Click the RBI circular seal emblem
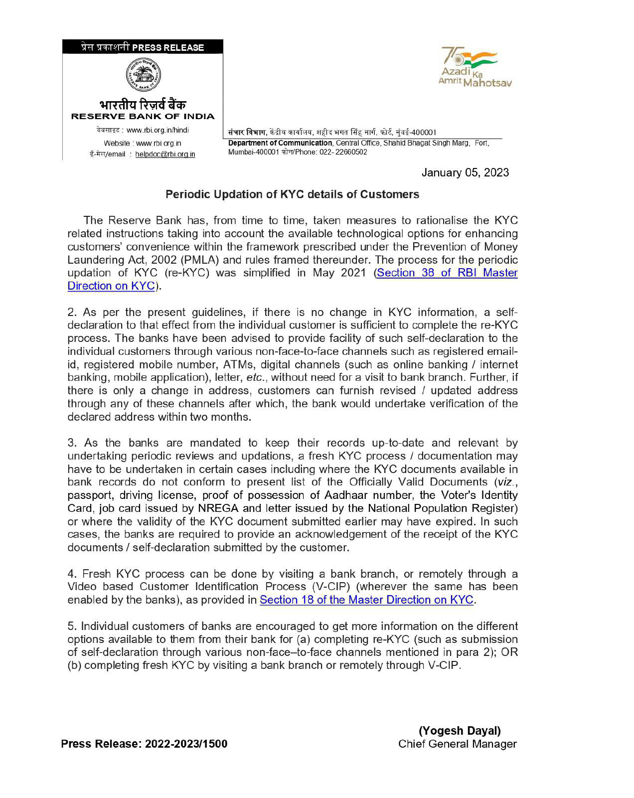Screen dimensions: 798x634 [x=143, y=77]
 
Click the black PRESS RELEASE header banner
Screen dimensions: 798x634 [x=143, y=47]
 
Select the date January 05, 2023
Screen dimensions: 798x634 [x=465, y=172]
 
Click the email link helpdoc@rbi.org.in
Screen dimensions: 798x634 [x=165, y=155]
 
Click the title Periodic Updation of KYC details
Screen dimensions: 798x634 [x=292, y=194]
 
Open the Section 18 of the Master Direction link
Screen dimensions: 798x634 [x=366, y=600]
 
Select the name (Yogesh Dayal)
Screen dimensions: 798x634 [x=459, y=731]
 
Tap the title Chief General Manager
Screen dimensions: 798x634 [x=457, y=744]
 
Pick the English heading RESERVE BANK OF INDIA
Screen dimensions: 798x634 [x=143, y=117]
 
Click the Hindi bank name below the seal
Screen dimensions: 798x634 [x=143, y=105]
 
